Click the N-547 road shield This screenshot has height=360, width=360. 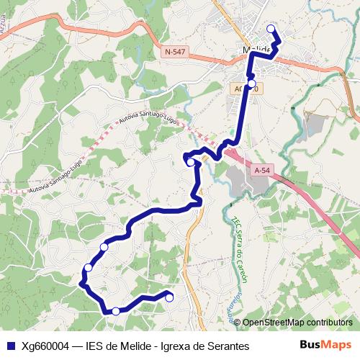pos(174,52)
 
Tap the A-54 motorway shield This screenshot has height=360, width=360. pos(262,171)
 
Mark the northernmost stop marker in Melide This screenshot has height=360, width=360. pos(271,29)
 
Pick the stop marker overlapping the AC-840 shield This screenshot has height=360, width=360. pos(251,84)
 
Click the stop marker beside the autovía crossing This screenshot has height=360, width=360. pos(191,163)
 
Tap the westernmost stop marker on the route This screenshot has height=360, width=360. pos(88,268)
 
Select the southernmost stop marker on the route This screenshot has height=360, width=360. pos(116,311)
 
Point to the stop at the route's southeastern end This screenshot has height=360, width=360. pos(170,297)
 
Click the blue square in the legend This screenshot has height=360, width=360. pos(9,346)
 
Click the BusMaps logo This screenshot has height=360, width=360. pos(326,345)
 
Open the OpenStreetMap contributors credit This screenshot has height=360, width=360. pos(297,323)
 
